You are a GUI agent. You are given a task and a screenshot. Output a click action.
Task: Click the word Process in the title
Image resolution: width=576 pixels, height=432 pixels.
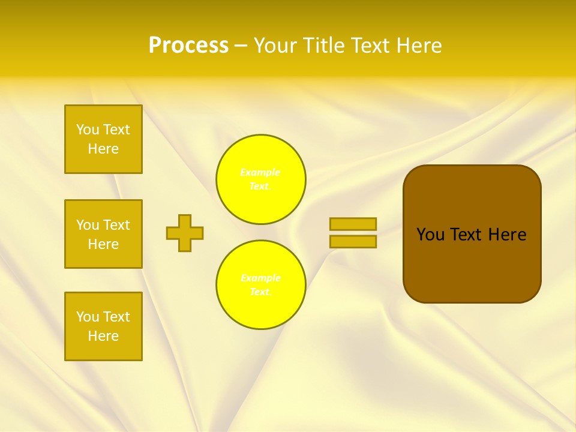(x=188, y=46)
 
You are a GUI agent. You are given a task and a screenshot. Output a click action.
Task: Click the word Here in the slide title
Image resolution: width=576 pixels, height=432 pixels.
(x=419, y=46)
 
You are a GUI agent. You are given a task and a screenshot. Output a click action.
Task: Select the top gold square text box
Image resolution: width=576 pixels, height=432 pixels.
(x=103, y=139)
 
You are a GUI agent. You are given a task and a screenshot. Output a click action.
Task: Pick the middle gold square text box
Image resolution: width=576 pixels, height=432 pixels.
(x=103, y=234)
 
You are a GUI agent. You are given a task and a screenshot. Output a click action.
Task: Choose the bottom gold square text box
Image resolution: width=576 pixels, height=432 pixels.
(x=103, y=326)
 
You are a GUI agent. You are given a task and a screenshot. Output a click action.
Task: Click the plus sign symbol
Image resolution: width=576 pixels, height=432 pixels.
(x=185, y=233)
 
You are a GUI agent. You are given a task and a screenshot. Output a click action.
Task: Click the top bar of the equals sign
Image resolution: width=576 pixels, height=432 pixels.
(x=353, y=224)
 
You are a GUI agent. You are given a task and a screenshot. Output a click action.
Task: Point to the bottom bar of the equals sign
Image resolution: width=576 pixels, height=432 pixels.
(x=353, y=242)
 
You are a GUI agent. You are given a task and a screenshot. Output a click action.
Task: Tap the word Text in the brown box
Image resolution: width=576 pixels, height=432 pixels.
(x=466, y=235)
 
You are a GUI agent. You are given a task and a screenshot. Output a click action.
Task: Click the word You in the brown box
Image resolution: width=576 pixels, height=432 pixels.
(x=430, y=235)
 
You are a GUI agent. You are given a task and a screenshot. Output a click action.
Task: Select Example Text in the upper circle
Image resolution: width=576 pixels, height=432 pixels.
(x=260, y=179)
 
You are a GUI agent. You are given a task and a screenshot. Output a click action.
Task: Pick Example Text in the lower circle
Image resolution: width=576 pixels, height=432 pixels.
(x=260, y=285)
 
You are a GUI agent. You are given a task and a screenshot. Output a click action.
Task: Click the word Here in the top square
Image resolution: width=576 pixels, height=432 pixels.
(x=103, y=149)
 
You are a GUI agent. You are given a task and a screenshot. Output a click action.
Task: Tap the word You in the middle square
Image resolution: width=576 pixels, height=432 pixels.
(x=88, y=225)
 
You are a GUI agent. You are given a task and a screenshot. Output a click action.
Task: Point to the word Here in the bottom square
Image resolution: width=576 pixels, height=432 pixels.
(x=103, y=336)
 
